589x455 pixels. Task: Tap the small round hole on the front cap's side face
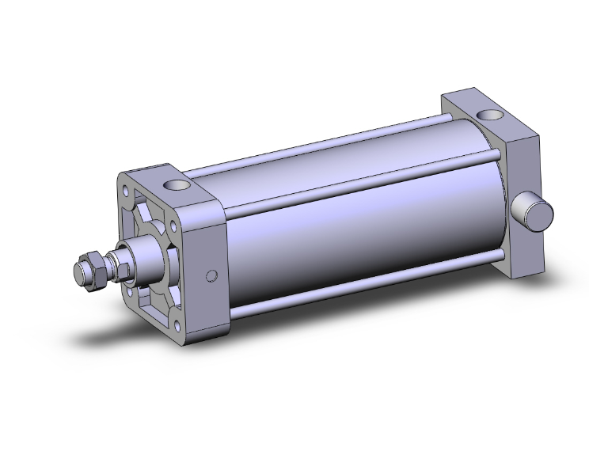[x=211, y=275]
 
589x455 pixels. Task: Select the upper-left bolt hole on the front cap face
[x=127, y=190]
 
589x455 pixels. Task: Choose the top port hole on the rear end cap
[x=495, y=116]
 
